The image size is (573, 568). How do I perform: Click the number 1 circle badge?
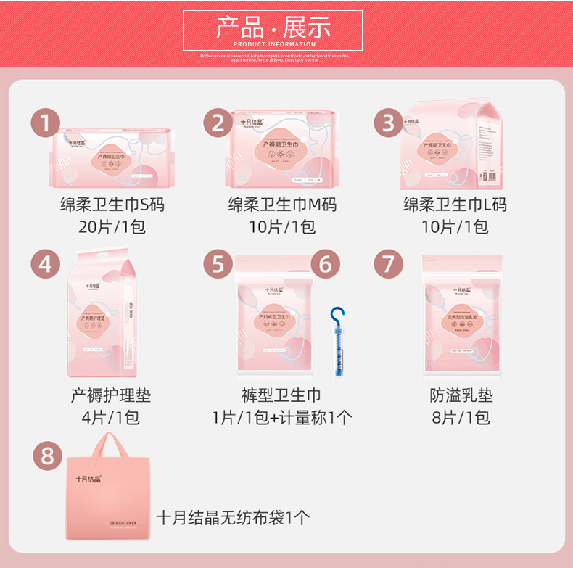coord(46,123)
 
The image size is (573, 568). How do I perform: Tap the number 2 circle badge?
coord(218,123)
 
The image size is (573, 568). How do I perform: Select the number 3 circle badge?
coord(389,123)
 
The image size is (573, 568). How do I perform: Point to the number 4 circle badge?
coord(46,264)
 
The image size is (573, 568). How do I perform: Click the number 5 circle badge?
coord(218,264)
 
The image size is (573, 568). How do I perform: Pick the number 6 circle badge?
coord(326,264)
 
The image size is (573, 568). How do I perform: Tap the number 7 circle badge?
coord(389,264)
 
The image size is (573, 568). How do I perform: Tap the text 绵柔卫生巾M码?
coord(282,205)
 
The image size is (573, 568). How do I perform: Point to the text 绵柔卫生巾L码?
coord(455,205)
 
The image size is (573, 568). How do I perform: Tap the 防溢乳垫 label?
coord(461,395)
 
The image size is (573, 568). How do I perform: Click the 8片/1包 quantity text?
coord(461,418)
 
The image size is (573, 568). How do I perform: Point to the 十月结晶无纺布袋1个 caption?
coord(234,517)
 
